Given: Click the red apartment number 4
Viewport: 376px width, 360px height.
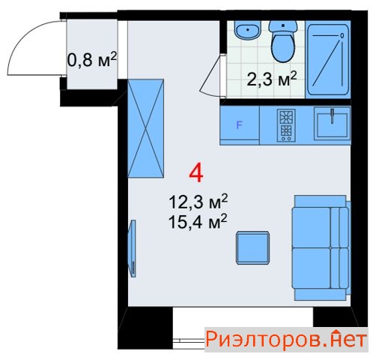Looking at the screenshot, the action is tap(196, 172).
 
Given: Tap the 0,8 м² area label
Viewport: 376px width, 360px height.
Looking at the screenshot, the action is tap(92, 60).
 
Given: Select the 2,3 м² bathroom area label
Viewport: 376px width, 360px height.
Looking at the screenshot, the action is tap(272, 79).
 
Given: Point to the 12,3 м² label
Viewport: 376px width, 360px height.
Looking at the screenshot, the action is tap(198, 201).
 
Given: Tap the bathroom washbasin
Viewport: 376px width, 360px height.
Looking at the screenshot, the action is tap(248, 30).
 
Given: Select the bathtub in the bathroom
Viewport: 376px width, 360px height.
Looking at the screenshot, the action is tap(328, 59).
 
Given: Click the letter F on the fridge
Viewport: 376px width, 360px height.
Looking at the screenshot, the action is tap(239, 125).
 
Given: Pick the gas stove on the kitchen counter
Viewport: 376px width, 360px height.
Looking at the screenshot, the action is tap(286, 125).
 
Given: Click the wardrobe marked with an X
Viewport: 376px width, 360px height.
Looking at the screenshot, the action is tap(145, 128).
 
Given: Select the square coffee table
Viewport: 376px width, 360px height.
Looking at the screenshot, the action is tap(252, 247).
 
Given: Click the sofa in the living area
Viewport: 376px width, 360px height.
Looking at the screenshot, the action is tap(321, 247).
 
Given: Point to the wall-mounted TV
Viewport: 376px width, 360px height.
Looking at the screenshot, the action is tap(132, 248).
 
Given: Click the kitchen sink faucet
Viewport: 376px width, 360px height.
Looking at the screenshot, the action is tap(332, 116).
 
